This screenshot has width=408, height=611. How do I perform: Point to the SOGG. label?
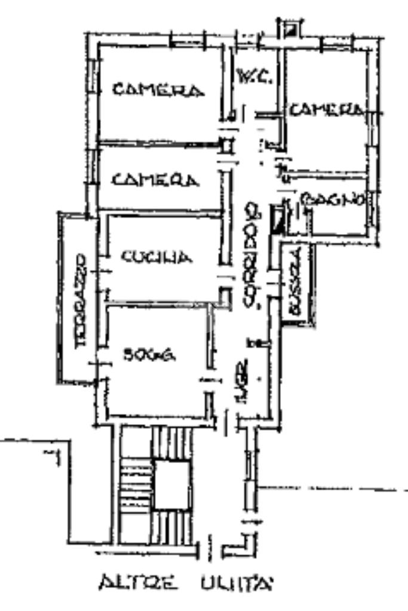(x=149, y=355)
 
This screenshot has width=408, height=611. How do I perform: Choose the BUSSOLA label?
(x=295, y=283)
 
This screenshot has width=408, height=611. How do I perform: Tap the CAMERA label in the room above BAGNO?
(x=326, y=110)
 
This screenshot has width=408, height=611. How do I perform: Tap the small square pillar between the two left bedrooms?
(x=226, y=145)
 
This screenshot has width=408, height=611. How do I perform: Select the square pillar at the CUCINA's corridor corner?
(x=225, y=294)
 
